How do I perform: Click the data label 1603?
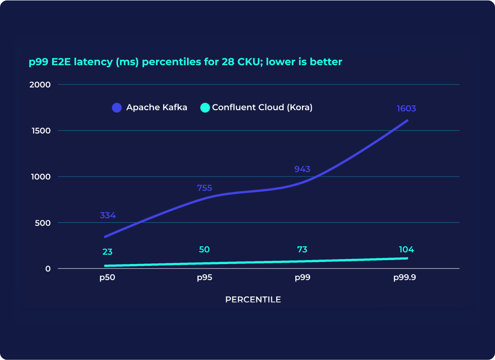(406, 109)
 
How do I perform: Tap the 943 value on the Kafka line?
(302, 169)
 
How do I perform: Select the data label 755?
(204, 188)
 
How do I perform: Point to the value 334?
(108, 215)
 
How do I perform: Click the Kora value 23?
(107, 252)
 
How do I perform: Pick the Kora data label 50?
(204, 249)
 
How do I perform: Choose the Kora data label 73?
(302, 250)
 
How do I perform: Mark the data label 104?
(406, 250)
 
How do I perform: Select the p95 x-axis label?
(204, 278)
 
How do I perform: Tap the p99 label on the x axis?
(302, 278)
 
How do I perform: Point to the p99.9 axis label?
(405, 278)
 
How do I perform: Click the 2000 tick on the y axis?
(40, 84)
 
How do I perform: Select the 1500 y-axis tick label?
(41, 130)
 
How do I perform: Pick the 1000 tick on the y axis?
(41, 176)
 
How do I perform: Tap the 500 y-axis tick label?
(43, 222)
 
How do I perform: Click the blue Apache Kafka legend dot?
(117, 107)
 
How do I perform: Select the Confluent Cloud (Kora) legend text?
(262, 107)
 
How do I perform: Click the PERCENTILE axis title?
(253, 299)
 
